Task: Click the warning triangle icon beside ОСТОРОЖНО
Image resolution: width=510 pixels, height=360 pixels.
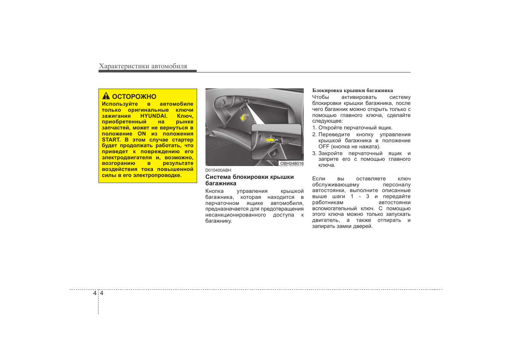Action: [x=106, y=96]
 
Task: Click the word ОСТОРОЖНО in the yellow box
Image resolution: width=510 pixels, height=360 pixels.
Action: [x=134, y=97]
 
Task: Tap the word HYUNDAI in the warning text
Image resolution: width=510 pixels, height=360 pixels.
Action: [x=153, y=116]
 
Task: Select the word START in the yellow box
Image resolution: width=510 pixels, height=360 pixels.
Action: [x=111, y=140]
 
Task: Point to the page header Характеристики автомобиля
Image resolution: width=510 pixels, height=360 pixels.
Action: [x=143, y=66]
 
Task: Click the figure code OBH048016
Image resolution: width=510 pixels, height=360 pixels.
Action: [x=291, y=163]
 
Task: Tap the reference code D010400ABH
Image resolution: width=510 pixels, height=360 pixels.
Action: [x=218, y=170]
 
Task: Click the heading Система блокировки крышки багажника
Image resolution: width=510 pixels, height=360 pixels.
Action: [x=249, y=180]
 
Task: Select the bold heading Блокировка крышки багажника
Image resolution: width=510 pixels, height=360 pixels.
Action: [x=352, y=91]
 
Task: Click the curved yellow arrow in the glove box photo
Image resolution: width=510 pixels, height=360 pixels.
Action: [x=245, y=117]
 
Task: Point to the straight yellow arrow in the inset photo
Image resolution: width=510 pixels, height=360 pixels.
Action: [x=270, y=140]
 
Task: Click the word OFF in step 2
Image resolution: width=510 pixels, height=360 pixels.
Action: [x=324, y=146]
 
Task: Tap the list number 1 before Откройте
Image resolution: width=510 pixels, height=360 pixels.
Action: [x=314, y=128]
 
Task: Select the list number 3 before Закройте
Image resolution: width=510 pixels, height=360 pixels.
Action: [x=314, y=153]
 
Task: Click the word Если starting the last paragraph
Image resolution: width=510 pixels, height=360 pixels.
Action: [x=319, y=178]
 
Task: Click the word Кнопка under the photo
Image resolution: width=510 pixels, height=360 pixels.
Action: [x=214, y=191]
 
